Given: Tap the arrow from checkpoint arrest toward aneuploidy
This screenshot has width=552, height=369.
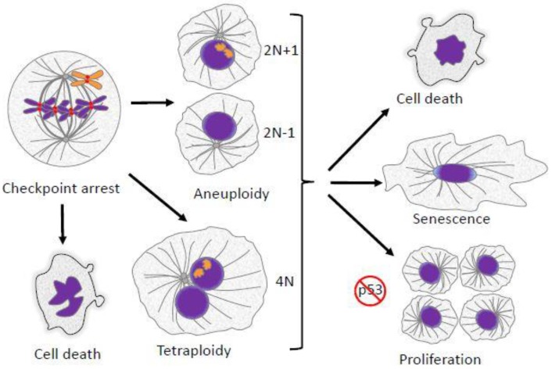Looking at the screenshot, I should pos(149,102).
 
